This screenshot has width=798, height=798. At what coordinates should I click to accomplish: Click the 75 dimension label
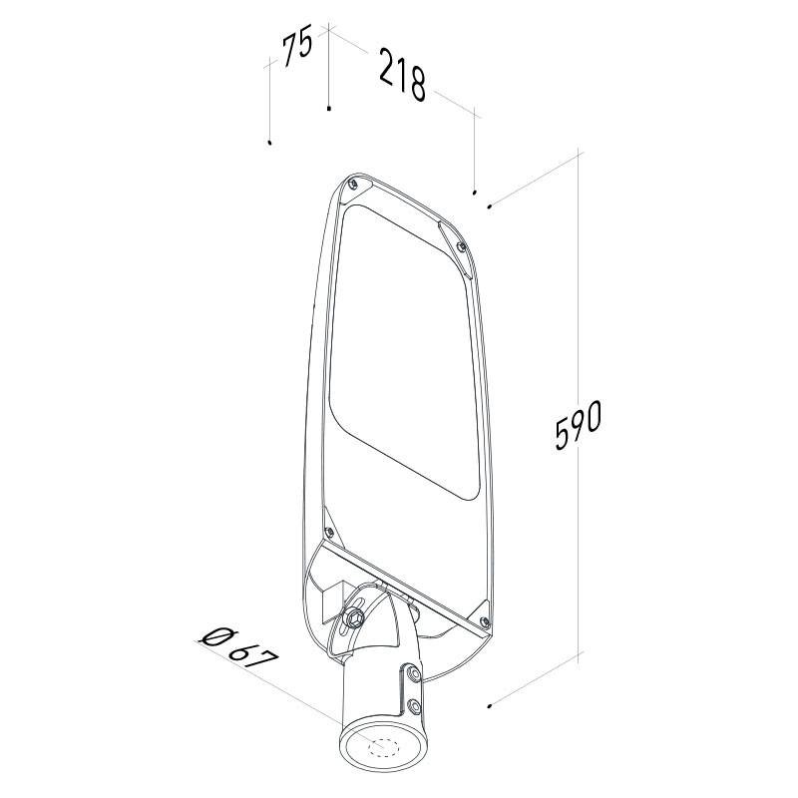coord(297,50)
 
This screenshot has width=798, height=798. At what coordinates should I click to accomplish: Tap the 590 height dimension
coord(579,425)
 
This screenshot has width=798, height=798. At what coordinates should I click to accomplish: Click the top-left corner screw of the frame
coord(353,184)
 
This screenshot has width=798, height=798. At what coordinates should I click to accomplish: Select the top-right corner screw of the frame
coord(462,246)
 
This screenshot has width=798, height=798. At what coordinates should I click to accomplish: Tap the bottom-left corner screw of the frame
coord(329,532)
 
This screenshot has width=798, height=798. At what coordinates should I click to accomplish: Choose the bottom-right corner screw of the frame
coord(485,620)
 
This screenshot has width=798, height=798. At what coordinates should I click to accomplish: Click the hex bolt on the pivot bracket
coord(355,617)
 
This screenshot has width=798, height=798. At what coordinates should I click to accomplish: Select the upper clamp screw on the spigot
coord(414,674)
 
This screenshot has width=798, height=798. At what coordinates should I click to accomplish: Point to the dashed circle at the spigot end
coord(383,747)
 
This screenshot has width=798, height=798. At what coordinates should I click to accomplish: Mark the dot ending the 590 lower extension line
coord(489,706)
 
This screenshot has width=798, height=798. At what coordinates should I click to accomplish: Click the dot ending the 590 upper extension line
coord(490,206)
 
